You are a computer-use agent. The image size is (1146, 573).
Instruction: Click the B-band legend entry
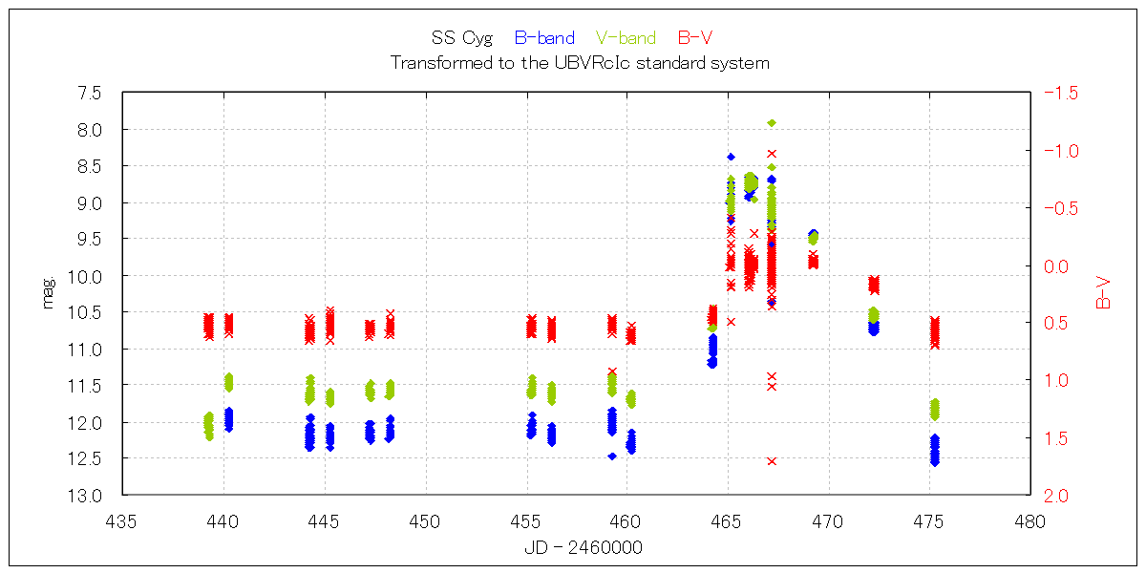pos(544,38)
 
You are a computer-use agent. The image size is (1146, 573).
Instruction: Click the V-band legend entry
pos(626,38)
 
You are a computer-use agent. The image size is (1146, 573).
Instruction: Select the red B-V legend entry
pos(695,38)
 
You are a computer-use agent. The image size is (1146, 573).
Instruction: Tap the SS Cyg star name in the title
pos(462,38)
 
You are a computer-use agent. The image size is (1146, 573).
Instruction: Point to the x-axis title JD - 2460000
pos(583,547)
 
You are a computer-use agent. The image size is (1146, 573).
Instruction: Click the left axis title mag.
pos(48,292)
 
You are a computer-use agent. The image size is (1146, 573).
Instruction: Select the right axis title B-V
pos(1103,293)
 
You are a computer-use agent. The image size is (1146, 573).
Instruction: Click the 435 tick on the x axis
pos(123,521)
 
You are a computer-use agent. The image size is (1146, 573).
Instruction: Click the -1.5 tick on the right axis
pos(1061,93)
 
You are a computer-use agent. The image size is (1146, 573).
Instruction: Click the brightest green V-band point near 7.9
pos(772,123)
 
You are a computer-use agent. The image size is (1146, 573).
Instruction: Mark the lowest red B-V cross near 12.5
pos(772,461)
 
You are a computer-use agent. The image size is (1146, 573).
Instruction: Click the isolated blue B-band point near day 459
pos(612,456)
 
